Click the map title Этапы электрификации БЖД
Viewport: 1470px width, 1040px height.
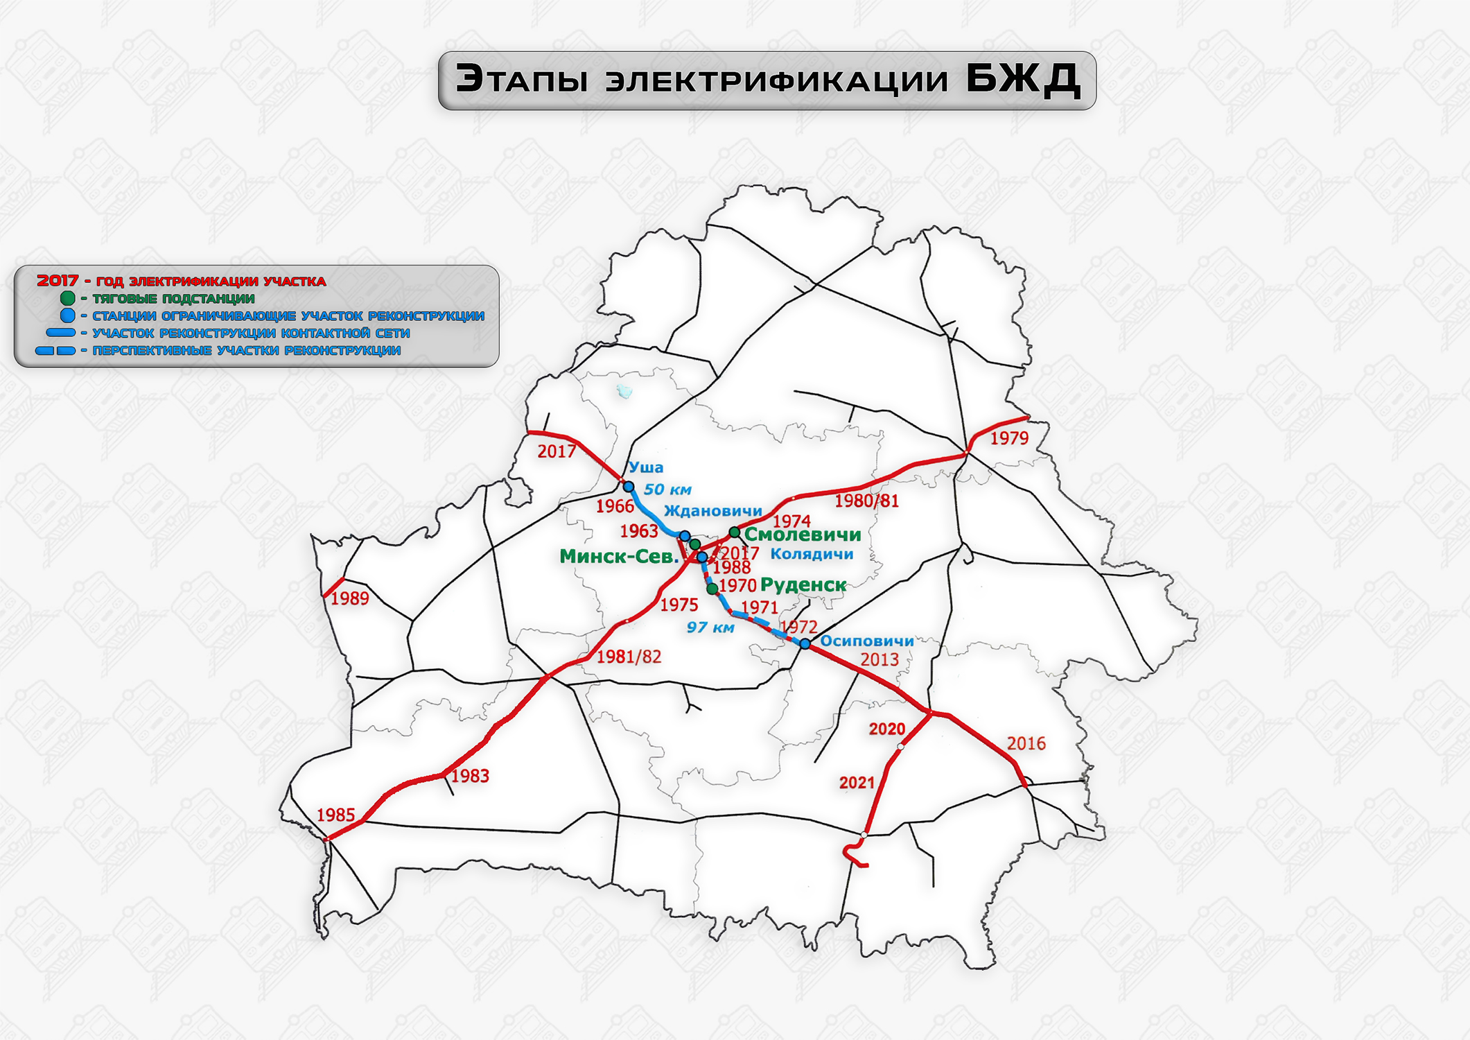coord(767,80)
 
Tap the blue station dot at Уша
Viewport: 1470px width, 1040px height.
coord(629,487)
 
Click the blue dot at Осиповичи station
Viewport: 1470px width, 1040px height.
coord(805,644)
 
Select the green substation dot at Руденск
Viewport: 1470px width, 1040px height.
coord(712,589)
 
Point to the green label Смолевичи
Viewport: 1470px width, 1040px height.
coord(802,535)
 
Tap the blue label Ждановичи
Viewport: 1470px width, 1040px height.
coord(712,512)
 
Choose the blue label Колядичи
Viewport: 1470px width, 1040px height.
coord(812,554)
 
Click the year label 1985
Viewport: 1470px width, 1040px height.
coord(335,815)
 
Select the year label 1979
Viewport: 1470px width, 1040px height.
coord(1008,438)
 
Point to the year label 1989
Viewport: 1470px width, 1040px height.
coord(349,599)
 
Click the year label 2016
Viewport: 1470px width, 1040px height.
coord(1026,744)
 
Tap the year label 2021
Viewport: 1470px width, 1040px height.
coord(857,783)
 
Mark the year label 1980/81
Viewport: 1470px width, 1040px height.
coord(866,501)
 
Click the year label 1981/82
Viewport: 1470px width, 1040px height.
coord(629,657)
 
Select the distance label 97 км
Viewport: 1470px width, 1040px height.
coord(710,628)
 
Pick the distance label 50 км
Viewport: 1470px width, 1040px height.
coord(667,490)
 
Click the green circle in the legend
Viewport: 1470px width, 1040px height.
coord(67,298)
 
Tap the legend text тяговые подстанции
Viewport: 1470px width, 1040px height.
coord(173,299)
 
